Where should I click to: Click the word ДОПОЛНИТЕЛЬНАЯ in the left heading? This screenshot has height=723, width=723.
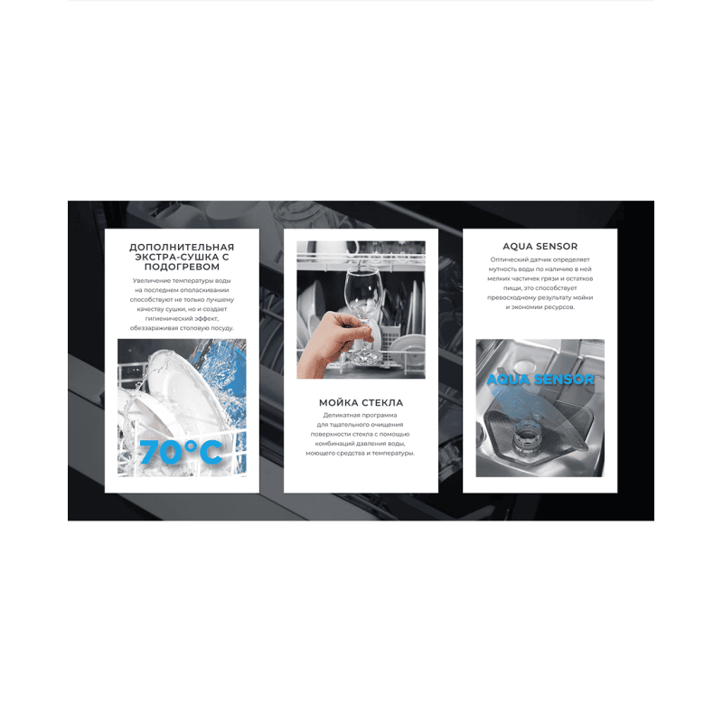pos(182,247)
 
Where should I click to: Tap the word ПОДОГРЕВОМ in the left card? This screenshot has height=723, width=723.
pos(182,267)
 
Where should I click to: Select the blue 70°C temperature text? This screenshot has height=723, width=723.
pos(181,452)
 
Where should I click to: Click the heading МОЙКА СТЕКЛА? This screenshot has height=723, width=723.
pos(361,402)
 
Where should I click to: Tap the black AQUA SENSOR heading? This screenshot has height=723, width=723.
pos(540,246)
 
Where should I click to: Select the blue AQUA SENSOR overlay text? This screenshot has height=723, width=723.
pos(540,380)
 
